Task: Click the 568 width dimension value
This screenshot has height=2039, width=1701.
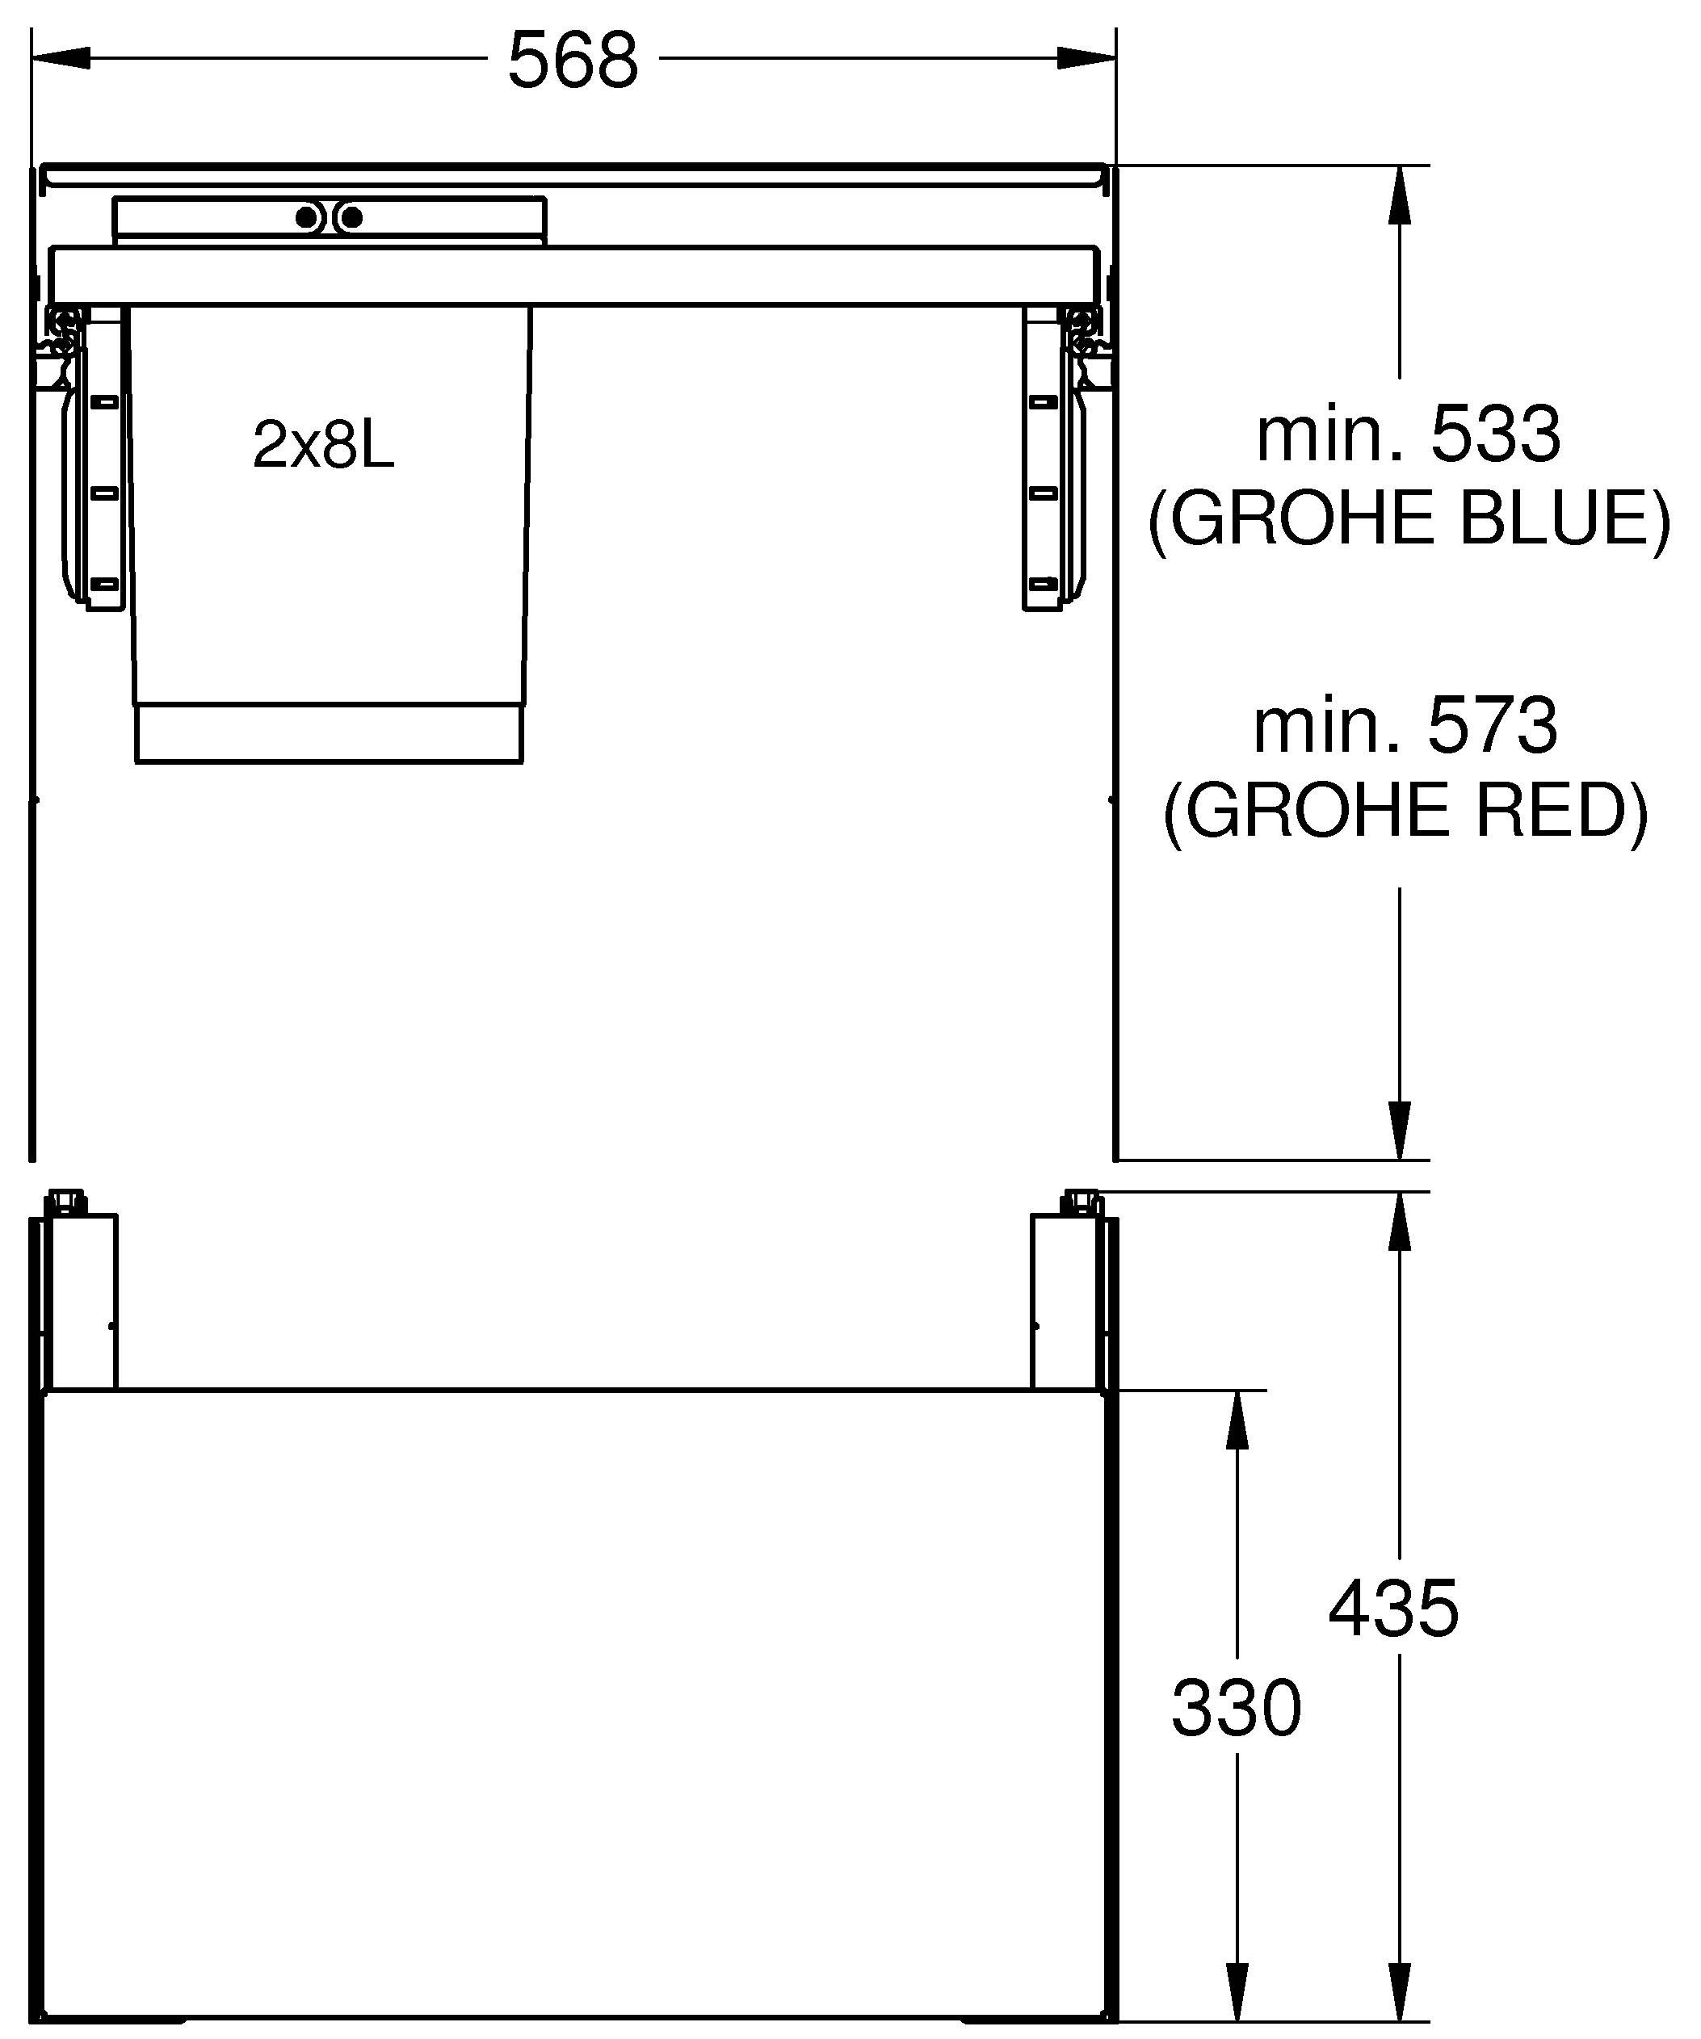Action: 573,61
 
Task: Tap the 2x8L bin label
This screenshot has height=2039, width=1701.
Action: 323,446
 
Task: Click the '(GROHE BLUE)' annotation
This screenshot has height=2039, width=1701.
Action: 1409,518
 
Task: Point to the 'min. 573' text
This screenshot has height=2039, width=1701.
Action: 1406,725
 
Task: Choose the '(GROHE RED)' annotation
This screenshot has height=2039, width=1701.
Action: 1406,810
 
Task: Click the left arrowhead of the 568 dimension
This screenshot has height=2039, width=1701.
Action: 61,59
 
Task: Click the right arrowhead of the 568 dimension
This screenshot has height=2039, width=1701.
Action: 1087,59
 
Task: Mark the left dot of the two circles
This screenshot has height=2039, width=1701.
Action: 307,217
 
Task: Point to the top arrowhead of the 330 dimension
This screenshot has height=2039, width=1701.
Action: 1237,1420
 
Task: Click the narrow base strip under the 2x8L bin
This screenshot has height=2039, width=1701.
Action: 329,734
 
